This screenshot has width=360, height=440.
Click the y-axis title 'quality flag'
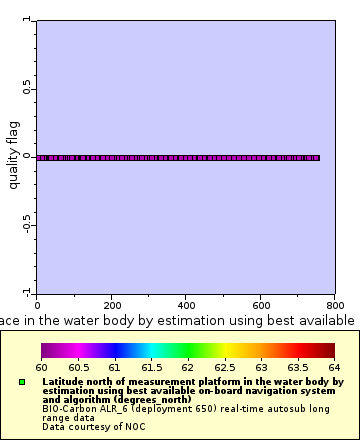[x=14, y=157]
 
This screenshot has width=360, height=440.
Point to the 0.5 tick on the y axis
[x=27, y=89]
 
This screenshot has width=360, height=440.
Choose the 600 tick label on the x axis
[x=261, y=305]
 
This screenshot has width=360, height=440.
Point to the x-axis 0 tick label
[x=37, y=305]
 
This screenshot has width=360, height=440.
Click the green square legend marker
[x=22, y=382]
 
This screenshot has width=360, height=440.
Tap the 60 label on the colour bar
[x=41, y=368]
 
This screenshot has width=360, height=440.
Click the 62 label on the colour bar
[x=187, y=368]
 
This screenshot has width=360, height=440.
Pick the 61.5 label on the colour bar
[x=150, y=368]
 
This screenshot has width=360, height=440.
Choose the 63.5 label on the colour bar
[x=297, y=368]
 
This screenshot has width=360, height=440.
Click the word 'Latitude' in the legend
[x=62, y=382]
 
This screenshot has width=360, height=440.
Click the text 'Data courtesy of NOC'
[x=85, y=427]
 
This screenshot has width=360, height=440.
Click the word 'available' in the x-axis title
[x=322, y=320]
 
